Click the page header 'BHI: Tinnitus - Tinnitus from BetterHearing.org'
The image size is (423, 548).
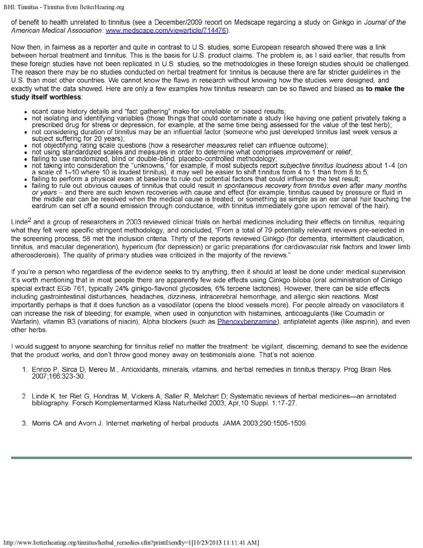coord(66,6)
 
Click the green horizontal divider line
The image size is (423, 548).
coord(212,458)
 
